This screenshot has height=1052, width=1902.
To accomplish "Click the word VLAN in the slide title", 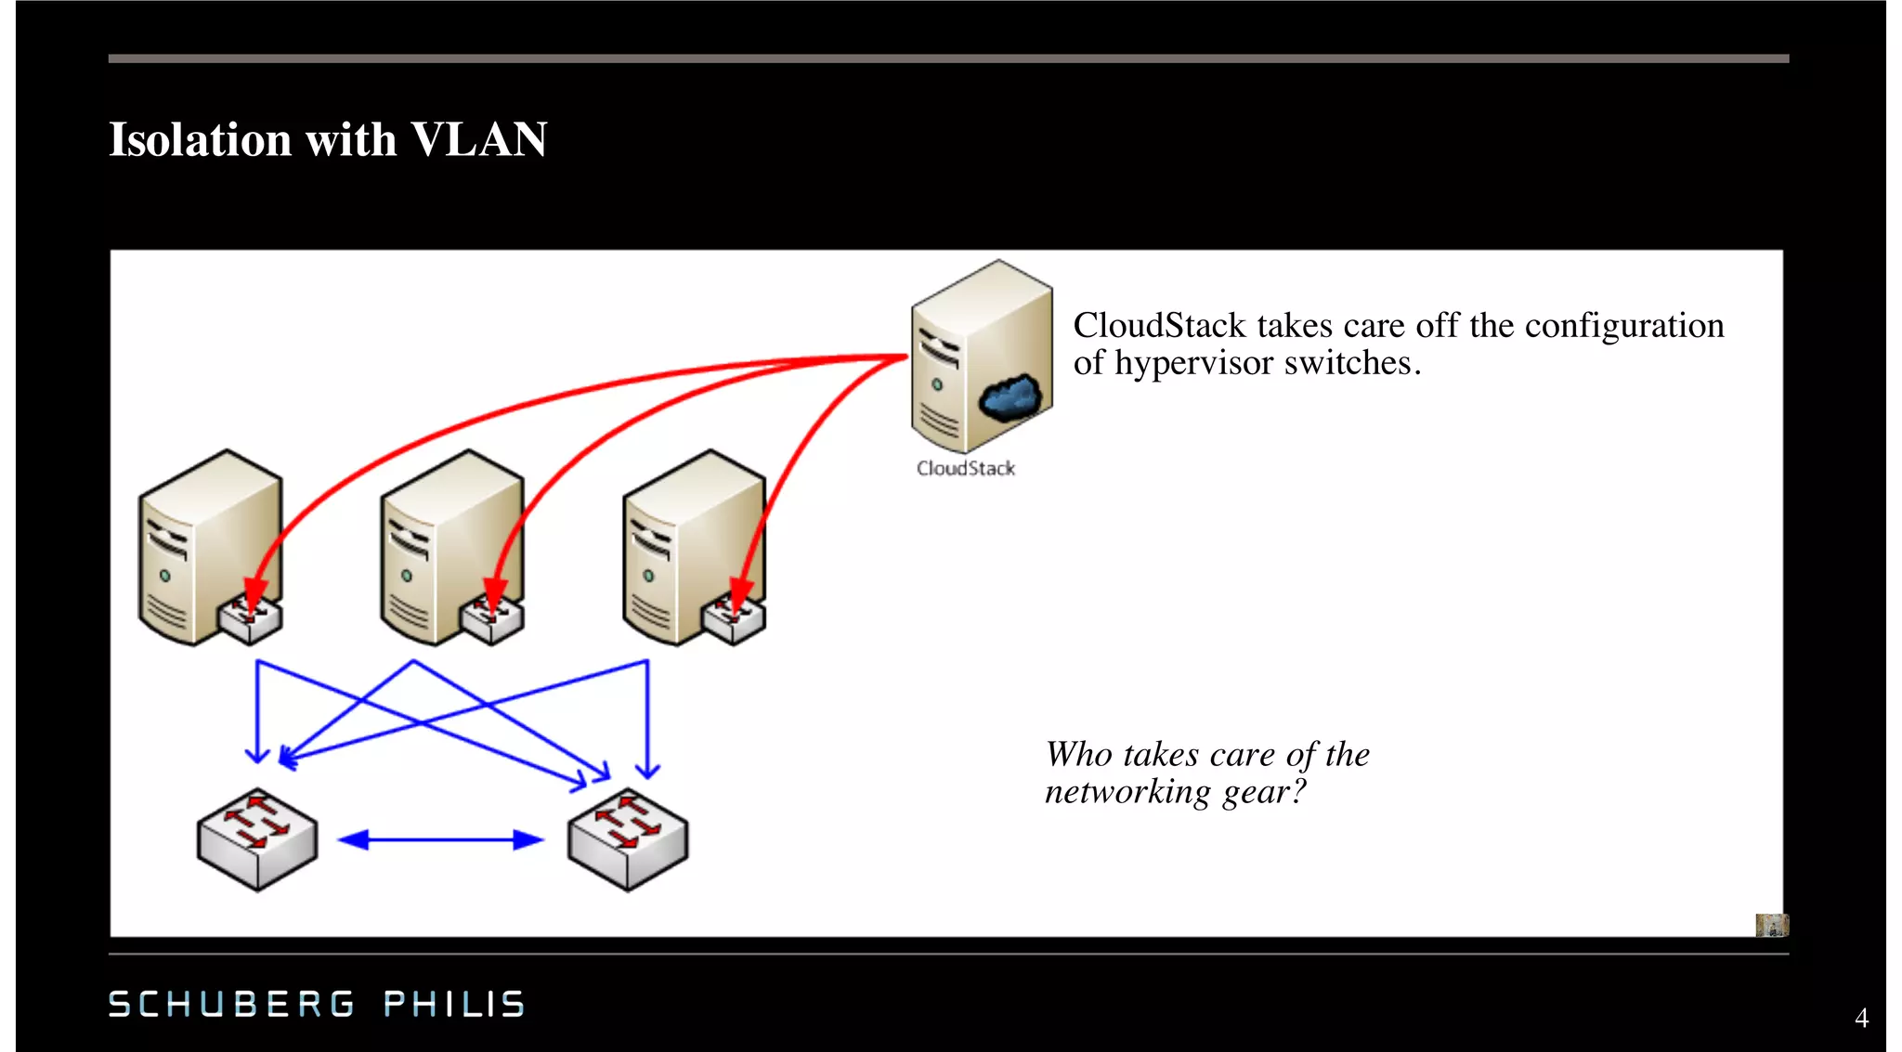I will [x=478, y=139].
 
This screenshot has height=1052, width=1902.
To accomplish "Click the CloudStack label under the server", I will [x=965, y=469].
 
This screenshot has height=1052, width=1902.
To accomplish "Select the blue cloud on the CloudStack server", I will [x=1011, y=396].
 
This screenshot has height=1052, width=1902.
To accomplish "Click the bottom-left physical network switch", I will [x=257, y=839].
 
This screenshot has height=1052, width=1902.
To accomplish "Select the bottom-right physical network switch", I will [x=628, y=839].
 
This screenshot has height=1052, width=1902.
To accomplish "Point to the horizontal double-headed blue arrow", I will [x=440, y=840].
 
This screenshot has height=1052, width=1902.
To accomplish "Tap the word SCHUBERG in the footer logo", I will [x=231, y=1004].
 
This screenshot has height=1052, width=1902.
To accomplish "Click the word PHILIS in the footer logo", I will [x=454, y=1004].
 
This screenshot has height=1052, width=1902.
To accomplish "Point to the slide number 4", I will [x=1861, y=1019].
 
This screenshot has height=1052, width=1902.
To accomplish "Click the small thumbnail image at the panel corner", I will [x=1771, y=925].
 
